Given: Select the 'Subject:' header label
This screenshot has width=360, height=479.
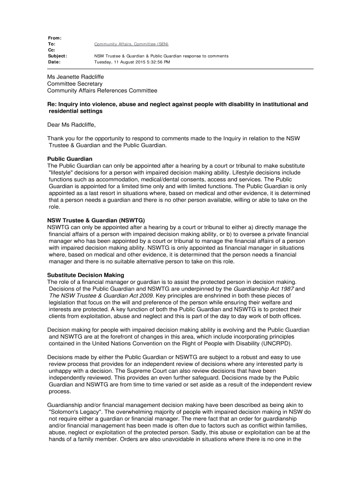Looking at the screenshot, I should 58,56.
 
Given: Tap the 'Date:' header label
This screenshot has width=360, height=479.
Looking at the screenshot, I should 54,62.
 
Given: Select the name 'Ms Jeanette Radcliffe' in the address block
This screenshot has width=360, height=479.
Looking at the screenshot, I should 75,77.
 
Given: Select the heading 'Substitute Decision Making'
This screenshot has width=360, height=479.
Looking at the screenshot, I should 86,275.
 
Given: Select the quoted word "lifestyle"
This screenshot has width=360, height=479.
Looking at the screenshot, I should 63,173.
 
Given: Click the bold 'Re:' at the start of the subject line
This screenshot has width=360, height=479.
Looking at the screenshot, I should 52,104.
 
